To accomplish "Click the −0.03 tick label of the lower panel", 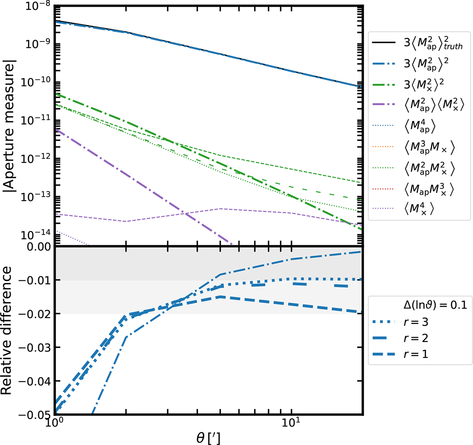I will (33, 347).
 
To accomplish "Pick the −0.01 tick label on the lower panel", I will (33, 280).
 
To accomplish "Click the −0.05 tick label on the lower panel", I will (33, 415).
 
